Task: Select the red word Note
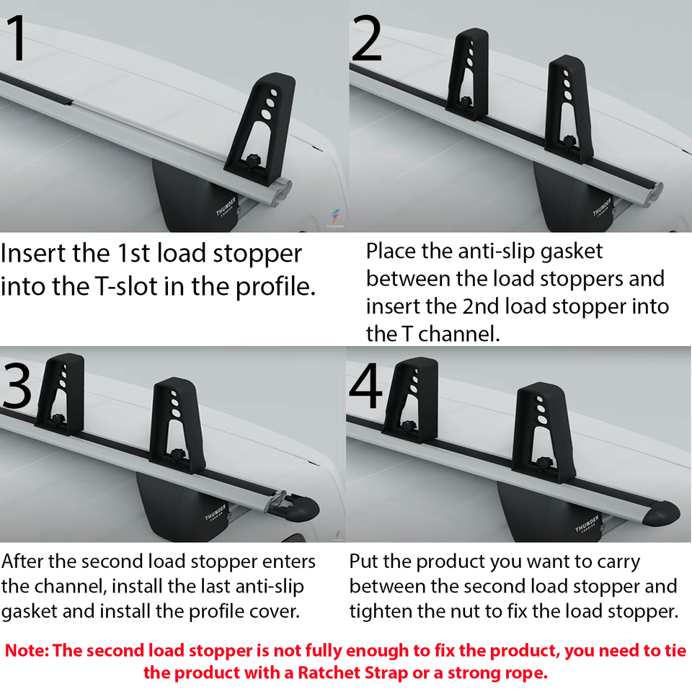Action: [x=25, y=651]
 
